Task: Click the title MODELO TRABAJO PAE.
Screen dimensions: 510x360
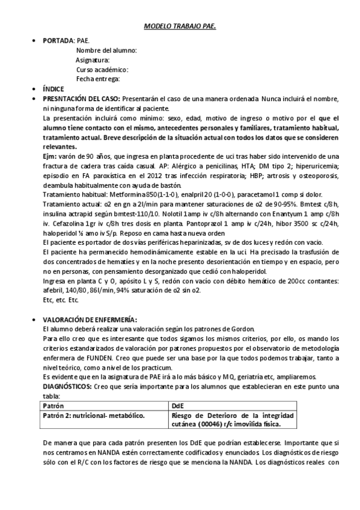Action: click(x=180, y=27)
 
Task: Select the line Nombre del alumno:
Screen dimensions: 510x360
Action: click(x=106, y=51)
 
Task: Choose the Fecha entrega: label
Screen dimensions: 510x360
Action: click(x=98, y=79)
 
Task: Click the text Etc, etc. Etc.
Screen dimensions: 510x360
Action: click(x=61, y=300)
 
